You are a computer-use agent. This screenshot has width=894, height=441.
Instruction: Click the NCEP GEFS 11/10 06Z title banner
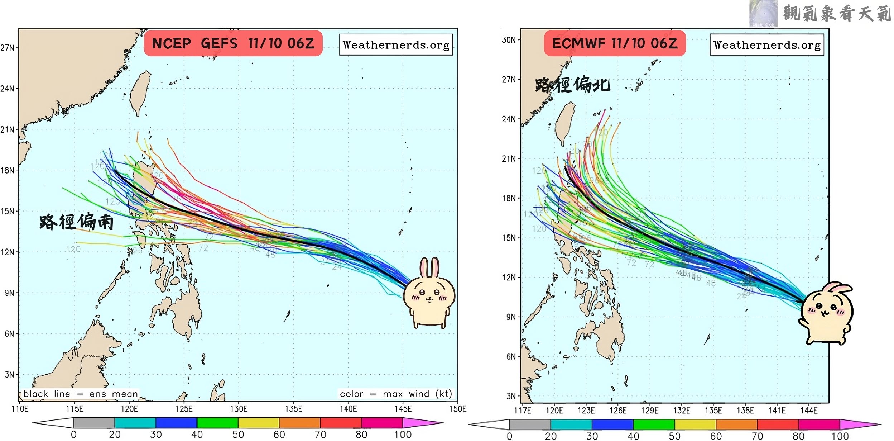tap(233, 43)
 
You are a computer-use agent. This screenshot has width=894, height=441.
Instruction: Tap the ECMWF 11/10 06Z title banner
tap(615, 43)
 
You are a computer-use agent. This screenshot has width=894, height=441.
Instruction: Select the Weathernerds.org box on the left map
tap(396, 45)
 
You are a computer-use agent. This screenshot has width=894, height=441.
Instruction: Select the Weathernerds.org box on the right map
tap(767, 45)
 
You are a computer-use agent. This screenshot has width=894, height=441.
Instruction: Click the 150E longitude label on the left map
tap(458, 409)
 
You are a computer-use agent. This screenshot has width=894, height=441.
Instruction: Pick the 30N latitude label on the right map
tap(509, 40)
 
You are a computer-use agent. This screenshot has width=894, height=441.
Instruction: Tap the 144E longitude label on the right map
tap(809, 411)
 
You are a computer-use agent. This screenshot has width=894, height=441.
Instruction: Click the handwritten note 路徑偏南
tap(76, 222)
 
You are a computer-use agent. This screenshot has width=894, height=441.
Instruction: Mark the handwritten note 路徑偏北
tap(572, 85)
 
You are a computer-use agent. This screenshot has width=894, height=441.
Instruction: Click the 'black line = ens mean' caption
tap(81, 394)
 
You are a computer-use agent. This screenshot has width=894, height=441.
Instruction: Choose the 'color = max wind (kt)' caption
tap(395, 394)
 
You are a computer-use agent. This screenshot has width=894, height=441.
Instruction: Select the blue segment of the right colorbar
tap(612, 425)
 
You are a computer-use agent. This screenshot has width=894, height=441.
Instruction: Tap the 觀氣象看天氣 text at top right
tap(837, 14)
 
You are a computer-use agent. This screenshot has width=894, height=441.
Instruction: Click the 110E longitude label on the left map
tap(20, 409)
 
